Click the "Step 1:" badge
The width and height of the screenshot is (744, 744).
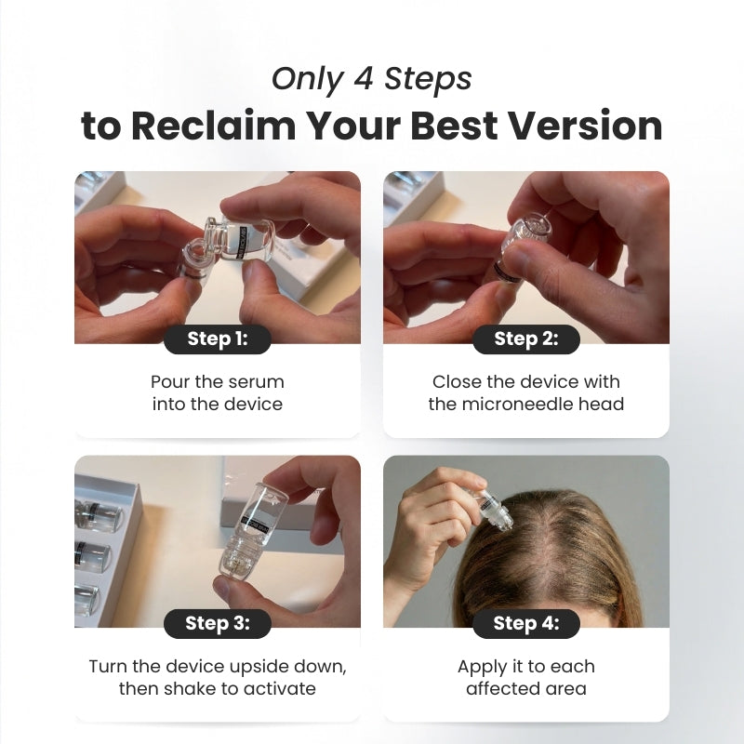(218, 339)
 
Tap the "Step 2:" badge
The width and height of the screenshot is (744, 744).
(526, 339)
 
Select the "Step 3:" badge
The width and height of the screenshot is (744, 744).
(218, 624)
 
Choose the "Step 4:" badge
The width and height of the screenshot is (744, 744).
(526, 624)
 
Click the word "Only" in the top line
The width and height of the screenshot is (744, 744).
(299, 79)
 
